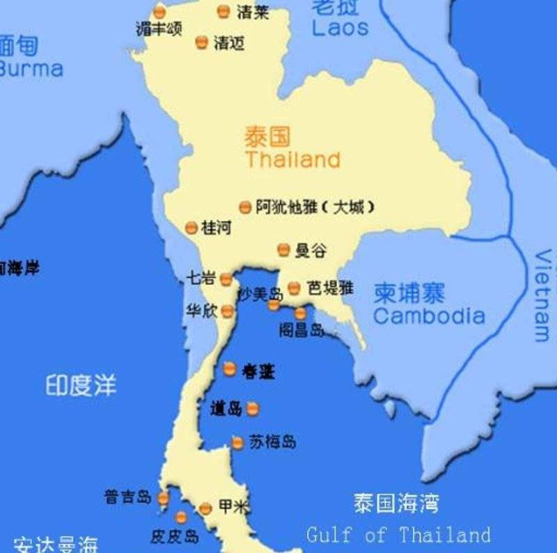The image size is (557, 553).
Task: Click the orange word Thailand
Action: [x=292, y=159]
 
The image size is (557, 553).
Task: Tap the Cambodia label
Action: [x=429, y=316]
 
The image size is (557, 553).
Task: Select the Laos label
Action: [x=340, y=28]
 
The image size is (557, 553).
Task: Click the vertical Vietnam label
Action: [x=542, y=295]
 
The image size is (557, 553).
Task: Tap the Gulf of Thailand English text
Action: [x=398, y=535]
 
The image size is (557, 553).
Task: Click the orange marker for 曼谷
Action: [x=283, y=249]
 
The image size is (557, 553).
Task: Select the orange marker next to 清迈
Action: [x=202, y=42]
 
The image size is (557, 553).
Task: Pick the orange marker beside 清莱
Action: [x=223, y=11]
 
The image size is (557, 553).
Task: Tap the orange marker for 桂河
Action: [x=191, y=228]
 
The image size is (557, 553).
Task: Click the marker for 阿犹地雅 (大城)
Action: [x=244, y=207]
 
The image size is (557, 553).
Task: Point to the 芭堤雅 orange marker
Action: [x=294, y=288]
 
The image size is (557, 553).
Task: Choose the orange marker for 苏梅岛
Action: [x=237, y=442]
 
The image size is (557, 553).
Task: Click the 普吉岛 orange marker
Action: [x=163, y=498]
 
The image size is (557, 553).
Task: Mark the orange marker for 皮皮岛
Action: [x=181, y=517]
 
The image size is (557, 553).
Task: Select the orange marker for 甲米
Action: [x=205, y=508]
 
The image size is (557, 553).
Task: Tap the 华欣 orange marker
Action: [x=228, y=311]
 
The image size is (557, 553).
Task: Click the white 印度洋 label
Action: [x=81, y=385]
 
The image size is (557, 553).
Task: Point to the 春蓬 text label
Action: [x=258, y=372]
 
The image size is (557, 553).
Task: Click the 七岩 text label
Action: [x=201, y=278]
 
